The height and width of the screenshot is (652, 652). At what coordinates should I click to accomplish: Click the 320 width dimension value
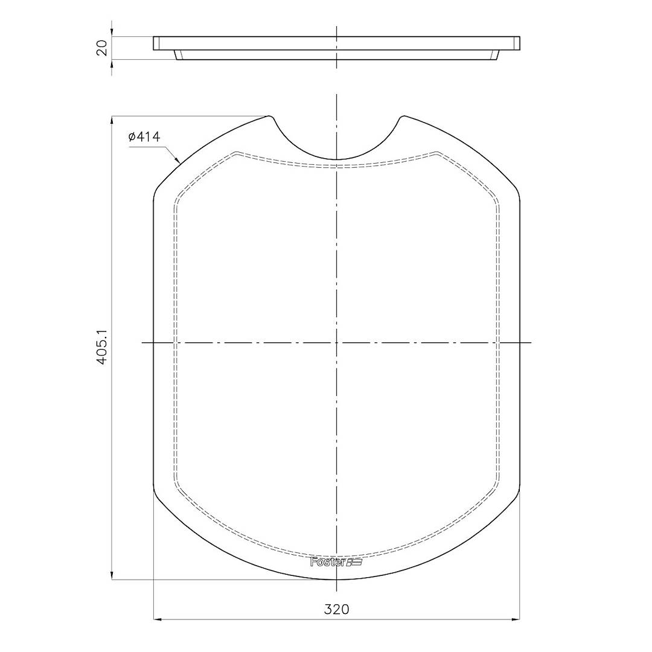pos(336,609)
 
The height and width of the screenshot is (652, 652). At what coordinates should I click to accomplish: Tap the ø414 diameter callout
pos(144,137)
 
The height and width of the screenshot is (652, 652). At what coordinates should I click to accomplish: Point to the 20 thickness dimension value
pos(102,47)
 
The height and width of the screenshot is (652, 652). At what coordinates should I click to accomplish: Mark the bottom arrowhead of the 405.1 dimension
pos(112,575)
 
